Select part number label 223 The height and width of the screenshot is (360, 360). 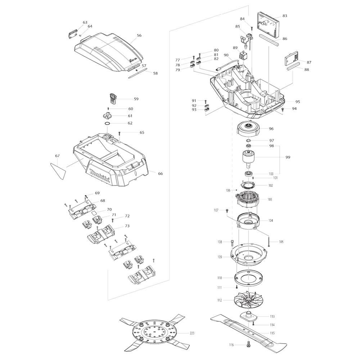click(192, 333)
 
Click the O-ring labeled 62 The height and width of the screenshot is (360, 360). click(107, 123)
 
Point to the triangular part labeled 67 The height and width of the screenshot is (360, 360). click(58, 171)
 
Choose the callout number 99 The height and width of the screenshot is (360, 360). click(288, 157)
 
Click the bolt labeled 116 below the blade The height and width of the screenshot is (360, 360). click(248, 344)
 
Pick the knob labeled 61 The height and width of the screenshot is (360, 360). click(107, 116)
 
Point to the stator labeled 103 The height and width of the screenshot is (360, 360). click(248, 200)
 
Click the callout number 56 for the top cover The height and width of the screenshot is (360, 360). click(139, 35)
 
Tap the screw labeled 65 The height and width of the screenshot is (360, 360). click(120, 134)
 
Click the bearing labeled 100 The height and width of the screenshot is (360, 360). click(248, 174)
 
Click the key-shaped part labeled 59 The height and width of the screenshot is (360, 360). click(112, 99)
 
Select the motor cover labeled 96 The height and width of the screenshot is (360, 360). click(248, 129)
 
